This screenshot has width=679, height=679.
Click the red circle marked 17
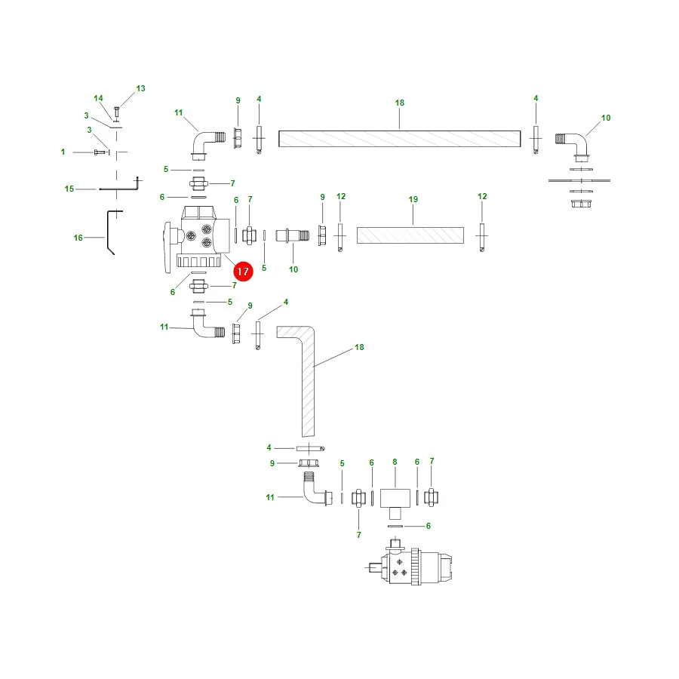pyautogui.click(x=243, y=272)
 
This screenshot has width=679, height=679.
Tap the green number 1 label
pyautogui.click(x=63, y=152)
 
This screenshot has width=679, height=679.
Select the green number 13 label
pyautogui.click(x=141, y=88)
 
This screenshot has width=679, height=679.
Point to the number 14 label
pyautogui.click(x=98, y=98)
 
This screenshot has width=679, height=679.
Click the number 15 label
pyautogui.click(x=69, y=189)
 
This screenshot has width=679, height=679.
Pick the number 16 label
pyautogui.click(x=78, y=238)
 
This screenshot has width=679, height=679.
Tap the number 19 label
pyautogui.click(x=413, y=199)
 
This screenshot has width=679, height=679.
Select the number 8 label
pyautogui.click(x=395, y=462)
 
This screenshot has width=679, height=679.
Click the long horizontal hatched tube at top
pyautogui.click(x=399, y=139)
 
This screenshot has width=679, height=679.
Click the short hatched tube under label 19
pyautogui.click(x=410, y=235)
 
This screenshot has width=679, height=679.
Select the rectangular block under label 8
pyautogui.click(x=395, y=498)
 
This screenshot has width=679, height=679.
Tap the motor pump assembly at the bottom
pyautogui.click(x=409, y=563)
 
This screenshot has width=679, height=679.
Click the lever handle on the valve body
pyautogui.click(x=168, y=247)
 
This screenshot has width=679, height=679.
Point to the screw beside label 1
pyautogui.click(x=100, y=152)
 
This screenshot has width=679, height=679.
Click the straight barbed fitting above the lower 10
pyautogui.click(x=293, y=235)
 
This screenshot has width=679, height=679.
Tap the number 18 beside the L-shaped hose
pyautogui.click(x=359, y=347)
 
